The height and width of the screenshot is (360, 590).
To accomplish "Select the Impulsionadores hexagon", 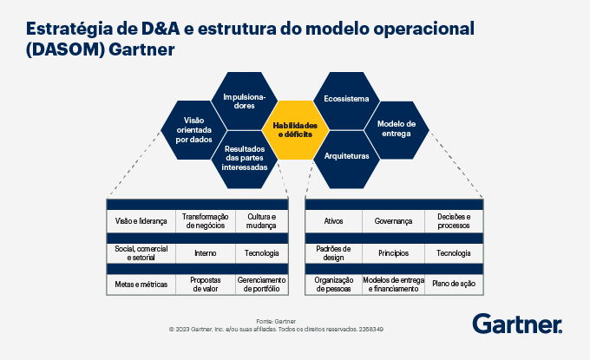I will coord(246,100).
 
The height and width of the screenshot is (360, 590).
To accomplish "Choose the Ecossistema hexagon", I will coord(346,99).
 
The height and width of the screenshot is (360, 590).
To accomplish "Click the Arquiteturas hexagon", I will coord(346,156).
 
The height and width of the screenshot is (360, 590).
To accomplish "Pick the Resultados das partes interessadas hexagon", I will coord(246,157).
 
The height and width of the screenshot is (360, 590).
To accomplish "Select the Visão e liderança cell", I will coord(141,221).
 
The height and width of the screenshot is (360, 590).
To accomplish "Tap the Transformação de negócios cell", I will coord(206,221).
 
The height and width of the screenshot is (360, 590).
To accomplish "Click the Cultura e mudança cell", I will coord(261,221).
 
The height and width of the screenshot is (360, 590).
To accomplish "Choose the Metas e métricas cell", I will coord(141,285).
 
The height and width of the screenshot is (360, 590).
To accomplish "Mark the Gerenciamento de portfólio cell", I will coord(261,285).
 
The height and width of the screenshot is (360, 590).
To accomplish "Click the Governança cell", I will coord(393,221).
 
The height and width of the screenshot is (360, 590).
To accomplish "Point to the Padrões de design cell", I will coord(333,252).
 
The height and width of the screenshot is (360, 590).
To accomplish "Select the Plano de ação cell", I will coord(454,285).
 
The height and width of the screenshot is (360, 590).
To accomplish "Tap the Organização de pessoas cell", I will coord(333,285).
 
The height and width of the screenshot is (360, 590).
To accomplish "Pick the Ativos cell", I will coord(333,221).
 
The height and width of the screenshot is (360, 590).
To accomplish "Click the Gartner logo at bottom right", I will coord(517,324).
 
